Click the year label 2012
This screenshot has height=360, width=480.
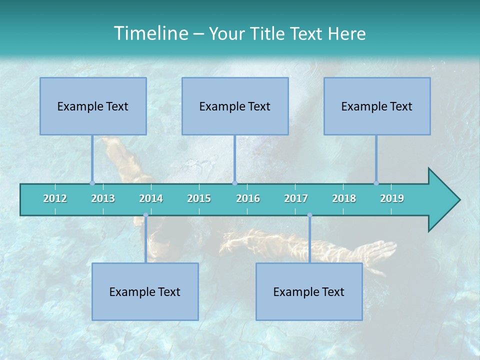(x=55, y=198)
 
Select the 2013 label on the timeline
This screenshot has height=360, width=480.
(x=103, y=198)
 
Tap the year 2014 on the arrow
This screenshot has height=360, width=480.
(x=151, y=198)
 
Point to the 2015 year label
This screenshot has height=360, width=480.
(x=199, y=198)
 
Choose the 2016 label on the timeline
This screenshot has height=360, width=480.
(x=248, y=198)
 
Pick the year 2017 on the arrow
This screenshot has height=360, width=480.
(x=296, y=198)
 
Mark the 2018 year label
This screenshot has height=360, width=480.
(x=344, y=198)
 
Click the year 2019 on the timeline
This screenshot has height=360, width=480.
(x=392, y=198)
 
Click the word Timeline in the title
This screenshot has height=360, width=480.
(x=150, y=33)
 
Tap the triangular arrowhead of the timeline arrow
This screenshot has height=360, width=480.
(x=443, y=200)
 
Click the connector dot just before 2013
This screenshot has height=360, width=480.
(x=92, y=183)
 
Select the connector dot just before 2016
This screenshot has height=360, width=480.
(x=234, y=183)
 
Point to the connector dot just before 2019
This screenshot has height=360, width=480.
(x=376, y=183)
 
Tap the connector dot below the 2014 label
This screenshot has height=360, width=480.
(x=145, y=215)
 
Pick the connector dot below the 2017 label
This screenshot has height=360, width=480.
(x=309, y=215)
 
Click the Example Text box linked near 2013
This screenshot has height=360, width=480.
(x=93, y=106)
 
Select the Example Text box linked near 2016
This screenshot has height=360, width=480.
(x=235, y=106)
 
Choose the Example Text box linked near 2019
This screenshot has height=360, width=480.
(x=377, y=106)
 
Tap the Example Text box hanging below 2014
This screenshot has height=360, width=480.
(x=145, y=291)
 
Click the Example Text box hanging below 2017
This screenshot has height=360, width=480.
(x=309, y=291)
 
